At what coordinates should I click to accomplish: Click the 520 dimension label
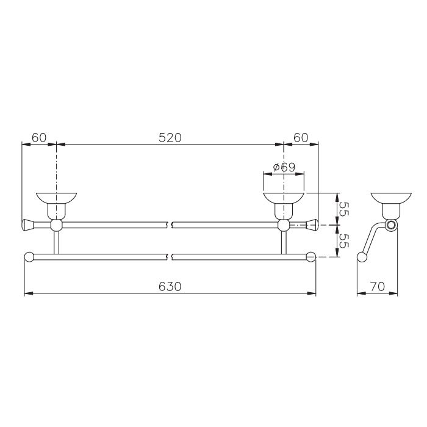[x=170, y=138]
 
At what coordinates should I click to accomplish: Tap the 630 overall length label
[x=170, y=287]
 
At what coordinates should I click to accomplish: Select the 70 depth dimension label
[x=378, y=287]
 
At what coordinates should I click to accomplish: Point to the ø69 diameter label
[x=284, y=167]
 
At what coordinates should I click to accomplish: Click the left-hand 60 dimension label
[x=39, y=138]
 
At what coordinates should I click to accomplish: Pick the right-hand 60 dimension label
[x=301, y=138]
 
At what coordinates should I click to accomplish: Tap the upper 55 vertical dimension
[x=344, y=209]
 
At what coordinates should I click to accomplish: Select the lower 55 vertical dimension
[x=344, y=241]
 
